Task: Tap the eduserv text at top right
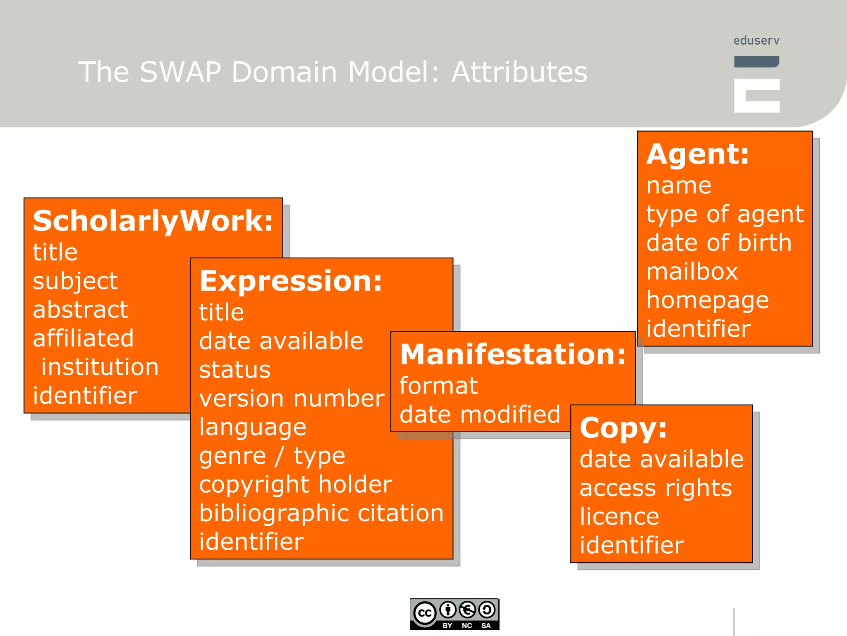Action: (x=756, y=41)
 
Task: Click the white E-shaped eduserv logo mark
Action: (x=756, y=95)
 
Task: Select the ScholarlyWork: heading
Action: (x=153, y=221)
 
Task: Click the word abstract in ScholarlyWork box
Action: (x=81, y=310)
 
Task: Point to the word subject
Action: (x=75, y=281)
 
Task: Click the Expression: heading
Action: (x=291, y=281)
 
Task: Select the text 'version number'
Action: (x=292, y=398)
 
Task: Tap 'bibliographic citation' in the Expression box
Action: (x=321, y=513)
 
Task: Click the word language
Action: (x=253, y=427)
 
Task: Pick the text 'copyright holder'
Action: (x=295, y=484)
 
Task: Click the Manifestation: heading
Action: (x=513, y=355)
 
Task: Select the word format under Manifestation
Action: (x=438, y=386)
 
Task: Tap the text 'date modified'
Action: (x=480, y=414)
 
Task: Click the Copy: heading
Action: (x=623, y=428)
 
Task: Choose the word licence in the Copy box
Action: (x=619, y=516)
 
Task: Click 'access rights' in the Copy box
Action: (x=656, y=488)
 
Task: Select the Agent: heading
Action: (x=698, y=154)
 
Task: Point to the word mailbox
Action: (x=692, y=272)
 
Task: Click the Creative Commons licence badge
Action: (x=455, y=614)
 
